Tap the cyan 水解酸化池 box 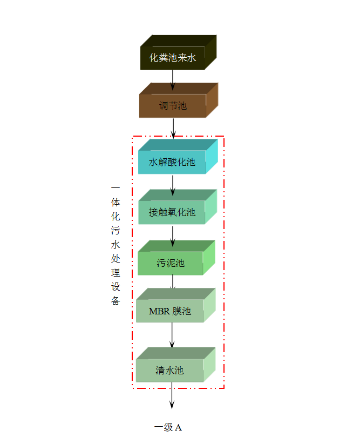[172, 162]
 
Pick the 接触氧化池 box [172, 212]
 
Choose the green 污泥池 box [171, 263]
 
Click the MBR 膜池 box [170, 311]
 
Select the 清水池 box [170, 371]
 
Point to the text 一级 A [168, 427]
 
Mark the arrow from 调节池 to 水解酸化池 [173, 128]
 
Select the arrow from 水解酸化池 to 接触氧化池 [173, 185]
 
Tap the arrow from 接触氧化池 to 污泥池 [173, 236]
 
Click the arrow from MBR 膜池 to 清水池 [172, 335]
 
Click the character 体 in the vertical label [116, 203]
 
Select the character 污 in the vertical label [116, 231]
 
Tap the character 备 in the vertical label [116, 300]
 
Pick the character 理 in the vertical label [116, 272]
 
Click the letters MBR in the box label [159, 311]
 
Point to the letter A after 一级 [178, 428]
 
